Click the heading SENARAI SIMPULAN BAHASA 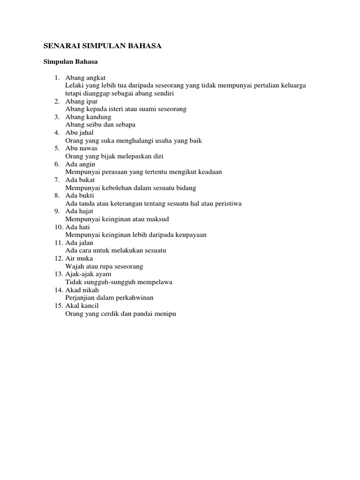(102, 46)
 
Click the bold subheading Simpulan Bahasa (70, 61)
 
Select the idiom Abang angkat (85, 77)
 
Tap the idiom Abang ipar (82, 101)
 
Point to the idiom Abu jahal (80, 133)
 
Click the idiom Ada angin (80, 164)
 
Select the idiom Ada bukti (80, 195)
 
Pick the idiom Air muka (79, 258)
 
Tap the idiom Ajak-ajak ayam (88, 274)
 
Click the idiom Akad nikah (82, 290)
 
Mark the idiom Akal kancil (82, 306)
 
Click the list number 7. (56, 180)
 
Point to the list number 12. (58, 258)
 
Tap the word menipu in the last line (165, 314)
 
